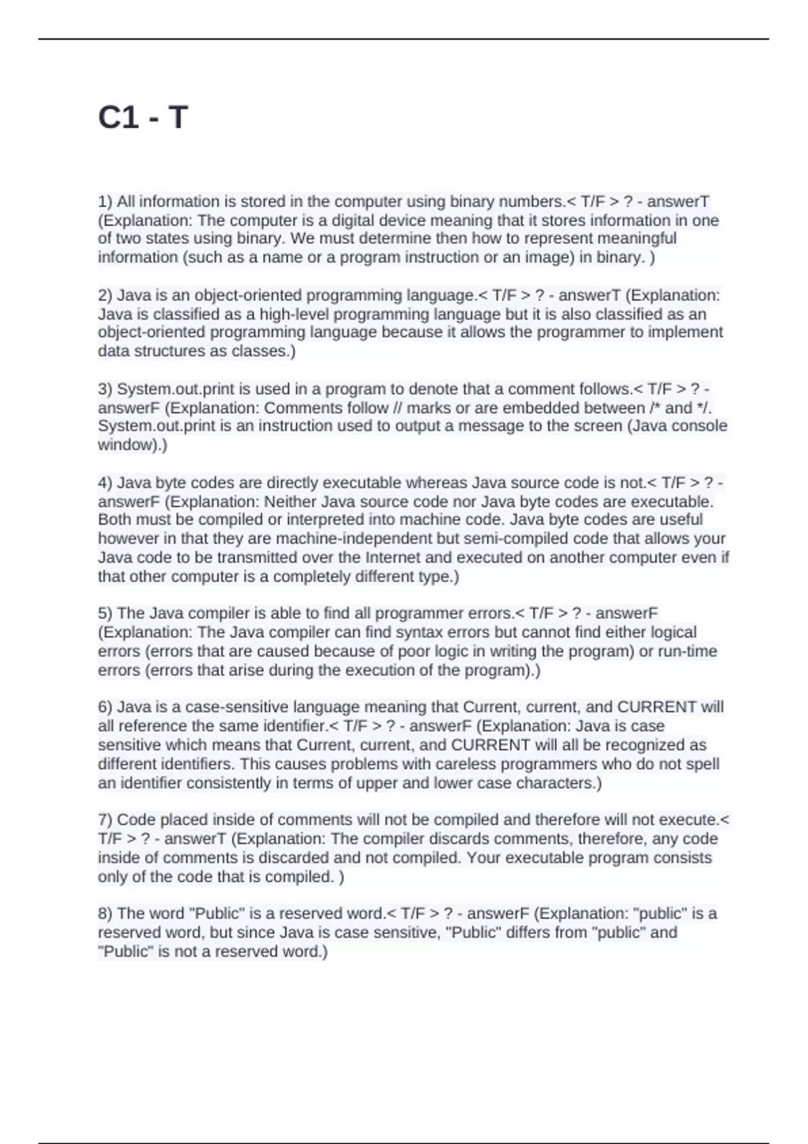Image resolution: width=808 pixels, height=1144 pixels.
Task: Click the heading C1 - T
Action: pyautogui.click(x=143, y=118)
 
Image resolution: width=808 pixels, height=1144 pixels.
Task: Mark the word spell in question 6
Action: pyautogui.click(x=703, y=764)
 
